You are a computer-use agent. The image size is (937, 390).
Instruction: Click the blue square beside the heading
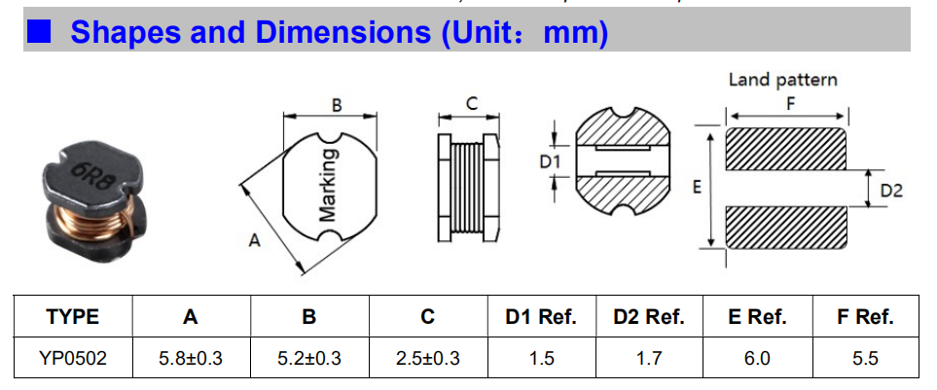coord(39,32)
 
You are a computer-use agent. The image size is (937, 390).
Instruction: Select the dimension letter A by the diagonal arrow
coord(255,239)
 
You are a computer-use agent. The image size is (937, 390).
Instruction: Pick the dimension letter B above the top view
coord(337,104)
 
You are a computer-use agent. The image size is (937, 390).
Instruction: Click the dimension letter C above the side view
coord(471,103)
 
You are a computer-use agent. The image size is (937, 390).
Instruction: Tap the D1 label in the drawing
coord(551,160)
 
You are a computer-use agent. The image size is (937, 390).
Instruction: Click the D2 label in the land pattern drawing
coord(891,192)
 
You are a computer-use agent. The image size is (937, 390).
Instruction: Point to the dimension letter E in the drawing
coord(697,187)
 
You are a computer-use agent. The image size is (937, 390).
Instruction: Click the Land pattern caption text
coord(782,80)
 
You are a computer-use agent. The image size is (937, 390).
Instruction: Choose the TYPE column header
coord(73,317)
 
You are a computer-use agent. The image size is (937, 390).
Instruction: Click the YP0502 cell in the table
coord(73,358)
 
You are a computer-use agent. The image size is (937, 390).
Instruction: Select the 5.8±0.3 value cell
coord(191,358)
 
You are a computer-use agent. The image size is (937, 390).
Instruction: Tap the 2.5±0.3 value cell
coord(428,358)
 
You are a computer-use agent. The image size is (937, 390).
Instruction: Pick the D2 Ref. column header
coord(649,317)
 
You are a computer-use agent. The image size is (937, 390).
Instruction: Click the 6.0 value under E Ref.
coord(757,358)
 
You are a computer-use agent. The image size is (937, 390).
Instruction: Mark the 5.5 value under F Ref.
coord(865,358)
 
